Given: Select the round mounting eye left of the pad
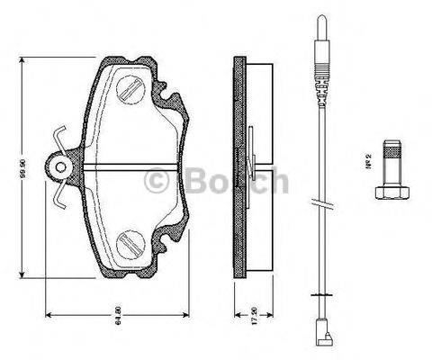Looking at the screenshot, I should pos(61,167).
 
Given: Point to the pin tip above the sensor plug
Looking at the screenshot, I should pos(319,27).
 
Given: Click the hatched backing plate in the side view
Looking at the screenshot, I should pos(238,166).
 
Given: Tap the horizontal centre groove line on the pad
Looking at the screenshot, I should pos(135,167).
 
